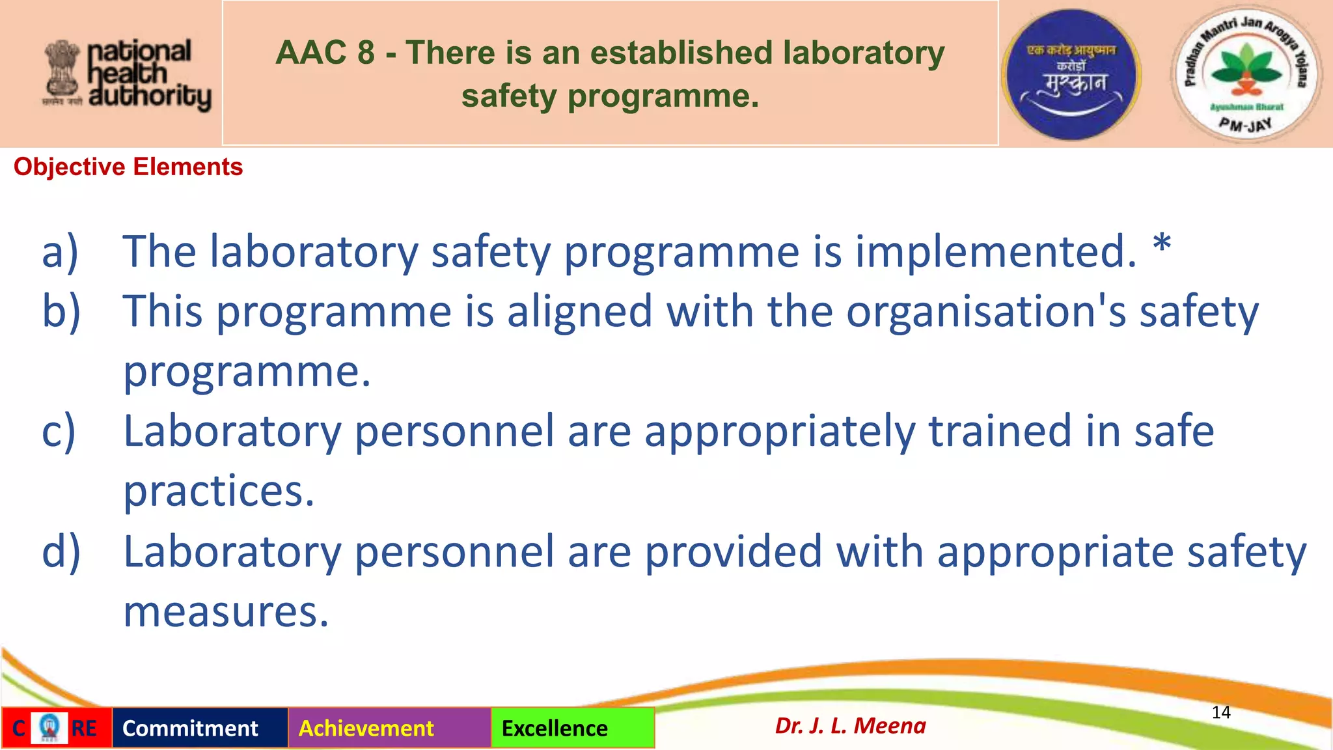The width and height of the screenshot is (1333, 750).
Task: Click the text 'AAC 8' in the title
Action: (x=325, y=53)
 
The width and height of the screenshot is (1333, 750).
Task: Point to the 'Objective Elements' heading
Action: (x=128, y=167)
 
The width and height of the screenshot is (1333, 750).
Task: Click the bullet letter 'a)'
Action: (x=60, y=252)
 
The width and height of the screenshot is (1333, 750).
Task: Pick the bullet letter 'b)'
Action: (x=61, y=311)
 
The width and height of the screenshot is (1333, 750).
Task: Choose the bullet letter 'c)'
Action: (x=59, y=432)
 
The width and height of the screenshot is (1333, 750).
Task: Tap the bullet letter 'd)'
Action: (x=61, y=552)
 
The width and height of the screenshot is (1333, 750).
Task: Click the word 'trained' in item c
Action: (x=999, y=431)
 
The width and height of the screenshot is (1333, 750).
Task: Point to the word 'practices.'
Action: (x=219, y=491)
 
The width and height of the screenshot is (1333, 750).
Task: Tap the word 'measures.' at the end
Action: (x=226, y=612)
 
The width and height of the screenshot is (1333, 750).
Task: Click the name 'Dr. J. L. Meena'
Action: (x=850, y=725)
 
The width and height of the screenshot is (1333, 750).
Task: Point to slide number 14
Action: (x=1221, y=712)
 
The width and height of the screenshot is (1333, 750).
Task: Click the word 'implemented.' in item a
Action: (x=995, y=252)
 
